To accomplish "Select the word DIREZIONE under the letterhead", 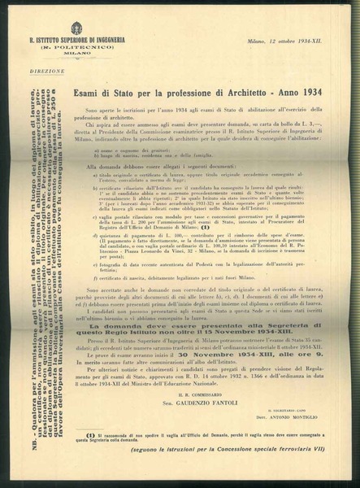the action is click(x=42, y=72).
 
